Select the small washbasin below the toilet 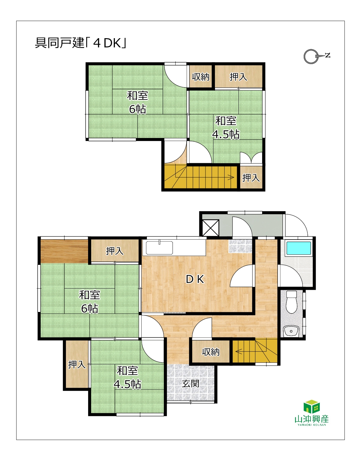[291, 331]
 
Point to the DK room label [195, 279]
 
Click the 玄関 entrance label [190, 383]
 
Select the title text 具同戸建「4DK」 [81, 43]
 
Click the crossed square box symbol [211, 228]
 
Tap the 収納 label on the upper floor [201, 77]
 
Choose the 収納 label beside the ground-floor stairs [211, 352]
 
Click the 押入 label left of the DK [115, 251]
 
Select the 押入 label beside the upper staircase [251, 178]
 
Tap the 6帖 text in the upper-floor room [137, 109]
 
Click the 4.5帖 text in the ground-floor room [128, 384]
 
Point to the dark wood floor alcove [64, 251]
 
